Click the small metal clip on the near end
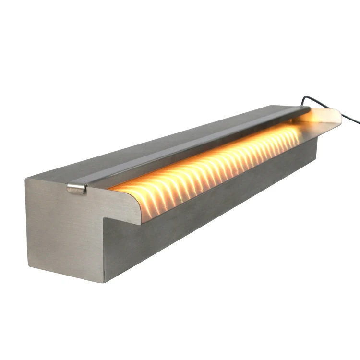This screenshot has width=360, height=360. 77,188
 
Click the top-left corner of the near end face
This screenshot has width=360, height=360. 27,179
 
